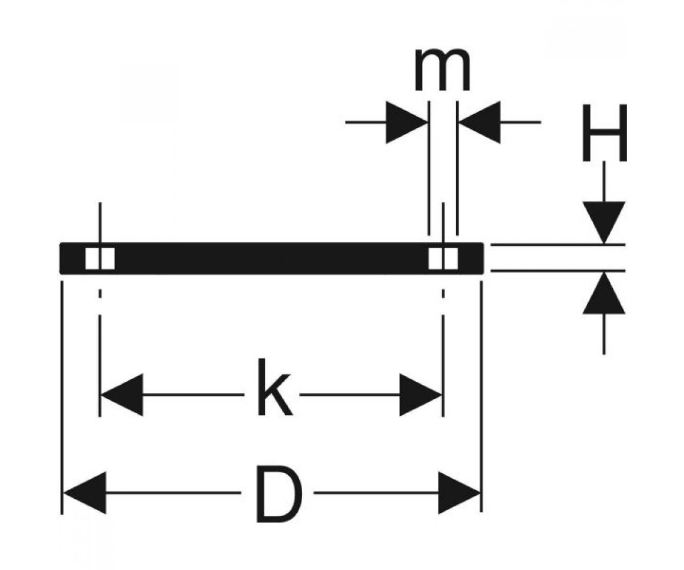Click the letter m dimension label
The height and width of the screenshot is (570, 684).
pyautogui.click(x=442, y=70)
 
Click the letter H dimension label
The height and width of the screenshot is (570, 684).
pyautogui.click(x=604, y=133)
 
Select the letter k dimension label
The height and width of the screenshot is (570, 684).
pyautogui.click(x=275, y=387)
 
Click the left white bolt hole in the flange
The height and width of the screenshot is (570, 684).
pyautogui.click(x=100, y=258)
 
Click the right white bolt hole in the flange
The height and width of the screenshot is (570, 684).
pyautogui.click(x=443, y=258)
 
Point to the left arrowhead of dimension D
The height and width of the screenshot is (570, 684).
pyautogui.click(x=84, y=492)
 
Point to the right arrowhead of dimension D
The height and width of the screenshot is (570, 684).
pyautogui.click(x=459, y=492)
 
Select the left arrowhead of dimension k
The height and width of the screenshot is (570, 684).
pyautogui.click(x=122, y=395)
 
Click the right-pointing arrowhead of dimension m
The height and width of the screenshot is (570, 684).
pyautogui.click(x=407, y=123)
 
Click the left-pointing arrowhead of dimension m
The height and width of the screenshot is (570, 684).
pyautogui.click(x=479, y=123)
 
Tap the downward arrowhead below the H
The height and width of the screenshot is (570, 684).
pyautogui.click(x=604, y=223)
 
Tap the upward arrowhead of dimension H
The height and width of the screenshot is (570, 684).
pyautogui.click(x=604, y=292)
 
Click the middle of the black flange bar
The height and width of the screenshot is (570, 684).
pyautogui.click(x=271, y=258)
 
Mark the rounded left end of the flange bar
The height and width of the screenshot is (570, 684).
pyautogui.click(x=61, y=258)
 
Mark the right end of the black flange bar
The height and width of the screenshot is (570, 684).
pyautogui.click(x=482, y=258)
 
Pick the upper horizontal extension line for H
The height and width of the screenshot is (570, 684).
pyautogui.click(x=558, y=245)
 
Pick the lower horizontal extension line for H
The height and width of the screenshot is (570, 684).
pyautogui.click(x=558, y=271)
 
